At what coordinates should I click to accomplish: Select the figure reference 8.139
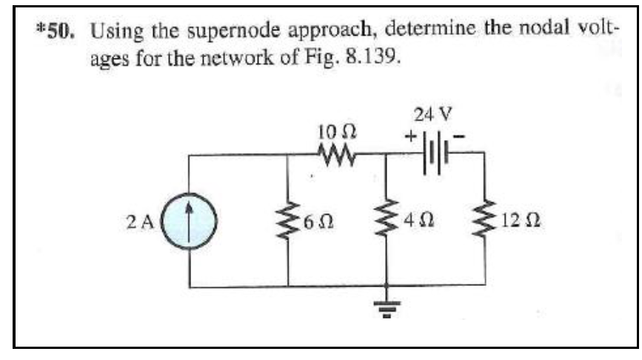pyautogui.click(x=375, y=58)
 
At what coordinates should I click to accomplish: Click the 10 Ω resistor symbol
pyautogui.click(x=338, y=154)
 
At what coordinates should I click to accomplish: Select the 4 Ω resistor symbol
pyautogui.click(x=386, y=220)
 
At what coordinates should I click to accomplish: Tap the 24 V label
pyautogui.click(x=434, y=116)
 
